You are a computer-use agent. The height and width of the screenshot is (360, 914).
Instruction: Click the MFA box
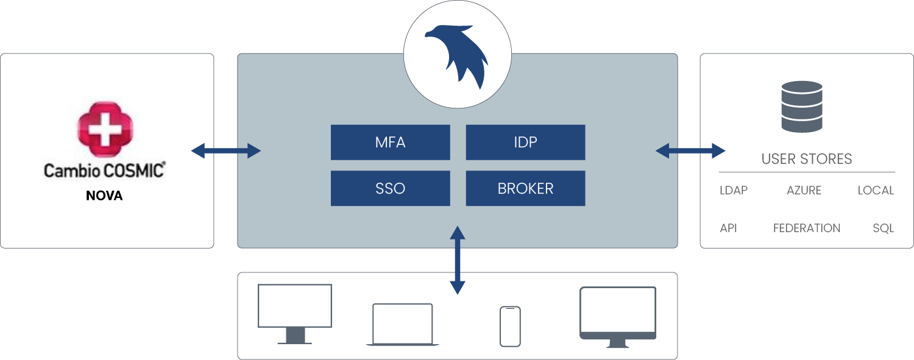point(390,143)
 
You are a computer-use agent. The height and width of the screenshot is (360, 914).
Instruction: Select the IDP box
point(525,143)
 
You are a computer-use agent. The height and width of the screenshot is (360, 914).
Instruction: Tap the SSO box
point(390,188)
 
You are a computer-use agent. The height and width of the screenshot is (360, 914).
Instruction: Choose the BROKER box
point(525,188)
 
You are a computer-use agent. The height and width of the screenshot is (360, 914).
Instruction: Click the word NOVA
point(104,197)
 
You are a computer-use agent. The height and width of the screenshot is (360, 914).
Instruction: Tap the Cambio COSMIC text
point(104,170)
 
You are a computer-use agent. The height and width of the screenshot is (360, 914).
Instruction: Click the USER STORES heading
point(806,160)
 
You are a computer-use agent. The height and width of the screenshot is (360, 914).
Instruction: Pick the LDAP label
point(733,191)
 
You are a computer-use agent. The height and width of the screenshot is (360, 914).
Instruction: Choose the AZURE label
point(804,191)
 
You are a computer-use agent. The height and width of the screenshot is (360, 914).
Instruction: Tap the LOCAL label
point(876,191)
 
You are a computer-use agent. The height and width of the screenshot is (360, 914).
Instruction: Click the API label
point(728,228)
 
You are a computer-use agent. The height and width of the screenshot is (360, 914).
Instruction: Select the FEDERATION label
point(806,228)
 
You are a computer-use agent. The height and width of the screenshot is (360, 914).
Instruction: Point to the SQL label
point(883,228)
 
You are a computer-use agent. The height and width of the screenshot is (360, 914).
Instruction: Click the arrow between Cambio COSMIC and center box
point(226,150)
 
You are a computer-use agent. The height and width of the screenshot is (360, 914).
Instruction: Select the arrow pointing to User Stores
point(690,150)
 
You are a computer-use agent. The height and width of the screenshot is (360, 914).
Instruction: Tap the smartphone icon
point(510,326)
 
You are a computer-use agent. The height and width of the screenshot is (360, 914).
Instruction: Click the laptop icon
point(402,325)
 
